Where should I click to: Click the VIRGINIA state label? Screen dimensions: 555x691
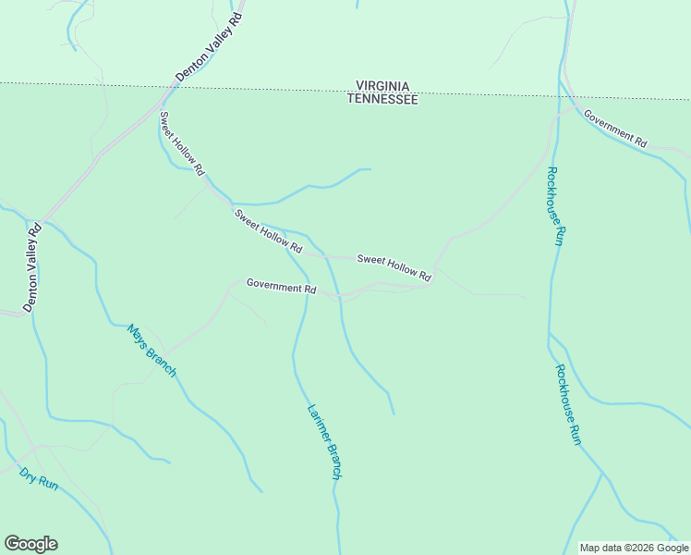(x=382, y=84)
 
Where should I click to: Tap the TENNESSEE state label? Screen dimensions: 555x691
(x=382, y=99)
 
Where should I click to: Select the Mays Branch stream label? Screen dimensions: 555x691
(x=152, y=351)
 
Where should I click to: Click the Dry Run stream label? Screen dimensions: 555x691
(x=39, y=478)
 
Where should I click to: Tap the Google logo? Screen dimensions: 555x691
(x=30, y=544)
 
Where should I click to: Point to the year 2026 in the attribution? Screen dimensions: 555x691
(x=647, y=548)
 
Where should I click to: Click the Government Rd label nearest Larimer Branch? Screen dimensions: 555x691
(x=282, y=286)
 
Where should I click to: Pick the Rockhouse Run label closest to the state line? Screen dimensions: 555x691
(x=554, y=205)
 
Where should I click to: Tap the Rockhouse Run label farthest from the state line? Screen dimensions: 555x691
(x=567, y=404)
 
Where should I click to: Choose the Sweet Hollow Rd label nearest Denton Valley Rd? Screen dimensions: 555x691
(x=182, y=143)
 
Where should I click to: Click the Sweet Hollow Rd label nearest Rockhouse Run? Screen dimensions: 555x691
(x=394, y=268)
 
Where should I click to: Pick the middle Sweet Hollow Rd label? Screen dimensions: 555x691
(x=268, y=231)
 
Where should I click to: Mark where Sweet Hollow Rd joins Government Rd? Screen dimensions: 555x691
(x=430, y=284)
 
